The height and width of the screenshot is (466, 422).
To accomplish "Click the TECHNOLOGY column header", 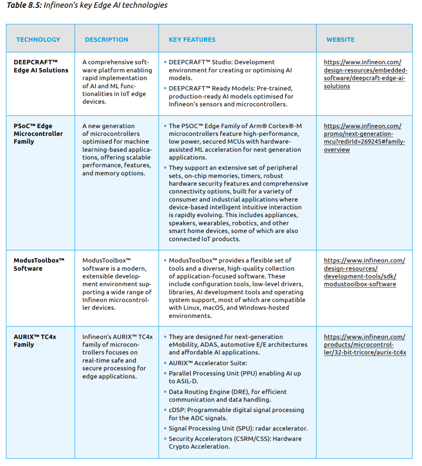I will click(x=38, y=39).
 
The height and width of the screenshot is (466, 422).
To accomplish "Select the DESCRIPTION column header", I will click(x=106, y=39).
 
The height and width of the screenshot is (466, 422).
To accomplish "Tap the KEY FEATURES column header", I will click(x=192, y=39).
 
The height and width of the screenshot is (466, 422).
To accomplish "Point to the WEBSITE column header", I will click(x=340, y=39).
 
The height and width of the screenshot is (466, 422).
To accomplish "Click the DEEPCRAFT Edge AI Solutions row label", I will click(x=41, y=66).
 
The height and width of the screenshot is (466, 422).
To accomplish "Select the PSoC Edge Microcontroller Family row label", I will click(x=38, y=134).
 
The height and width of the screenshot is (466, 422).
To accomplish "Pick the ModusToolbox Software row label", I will click(x=39, y=264).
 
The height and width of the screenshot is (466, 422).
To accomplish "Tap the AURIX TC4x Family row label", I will click(x=35, y=341).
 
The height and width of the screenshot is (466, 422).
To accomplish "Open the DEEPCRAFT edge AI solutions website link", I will click(x=365, y=74).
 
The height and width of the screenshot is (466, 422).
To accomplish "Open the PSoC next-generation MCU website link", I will click(x=364, y=138).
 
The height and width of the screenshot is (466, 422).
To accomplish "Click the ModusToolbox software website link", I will click(x=364, y=272).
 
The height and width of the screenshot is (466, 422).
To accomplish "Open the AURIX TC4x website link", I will click(x=365, y=345).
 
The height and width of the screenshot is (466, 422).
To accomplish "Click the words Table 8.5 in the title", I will click(x=24, y=5).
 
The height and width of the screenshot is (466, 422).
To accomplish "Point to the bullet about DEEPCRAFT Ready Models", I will click(x=231, y=96).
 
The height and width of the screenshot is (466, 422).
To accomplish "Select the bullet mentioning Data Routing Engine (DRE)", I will click(x=227, y=396).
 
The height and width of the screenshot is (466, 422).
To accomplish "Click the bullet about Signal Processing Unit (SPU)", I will click(x=238, y=429).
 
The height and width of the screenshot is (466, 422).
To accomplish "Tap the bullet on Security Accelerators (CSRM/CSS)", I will click(x=235, y=443).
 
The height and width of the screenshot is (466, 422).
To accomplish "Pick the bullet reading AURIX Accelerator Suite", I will click(x=208, y=363).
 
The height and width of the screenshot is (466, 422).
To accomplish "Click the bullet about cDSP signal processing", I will click(x=236, y=414).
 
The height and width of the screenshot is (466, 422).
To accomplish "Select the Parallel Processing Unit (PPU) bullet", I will click(x=234, y=377).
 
